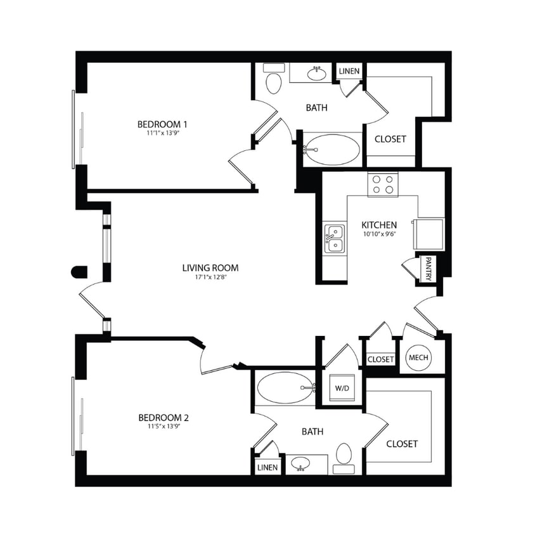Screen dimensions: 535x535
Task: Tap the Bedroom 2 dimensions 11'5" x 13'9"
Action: click(164, 427)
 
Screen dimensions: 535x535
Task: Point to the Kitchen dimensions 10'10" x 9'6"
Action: click(379, 234)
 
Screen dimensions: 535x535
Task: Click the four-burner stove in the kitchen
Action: click(383, 184)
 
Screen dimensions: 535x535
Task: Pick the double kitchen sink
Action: click(335, 238)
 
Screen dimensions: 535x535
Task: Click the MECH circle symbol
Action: click(418, 358)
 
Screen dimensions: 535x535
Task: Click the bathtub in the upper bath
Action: click(331, 150)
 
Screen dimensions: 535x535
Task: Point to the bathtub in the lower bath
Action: click(285, 387)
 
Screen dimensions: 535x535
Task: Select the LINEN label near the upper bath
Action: click(349, 71)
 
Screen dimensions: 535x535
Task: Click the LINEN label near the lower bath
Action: click(267, 467)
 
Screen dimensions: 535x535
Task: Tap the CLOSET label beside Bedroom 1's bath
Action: click(390, 139)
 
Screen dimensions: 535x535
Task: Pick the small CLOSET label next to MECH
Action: click(380, 359)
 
